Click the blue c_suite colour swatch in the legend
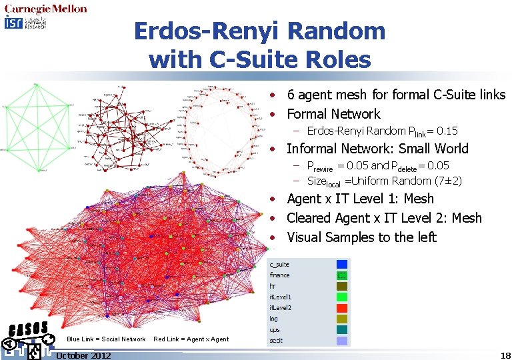341,264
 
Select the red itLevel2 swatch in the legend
341,307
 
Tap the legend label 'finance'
279,275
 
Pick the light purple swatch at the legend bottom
341,340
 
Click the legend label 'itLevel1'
281,297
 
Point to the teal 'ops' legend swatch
341,329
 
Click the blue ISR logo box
13,23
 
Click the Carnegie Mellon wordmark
45,9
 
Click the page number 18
505,355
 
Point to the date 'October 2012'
83,355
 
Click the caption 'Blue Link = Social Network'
106,339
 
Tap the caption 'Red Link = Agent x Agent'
191,339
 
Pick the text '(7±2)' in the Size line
448,181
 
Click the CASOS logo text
28,329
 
